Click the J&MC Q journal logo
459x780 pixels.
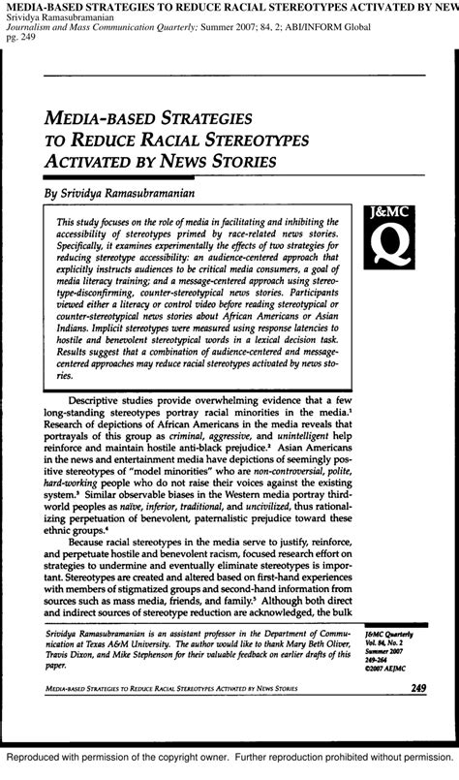coord(392,239)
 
